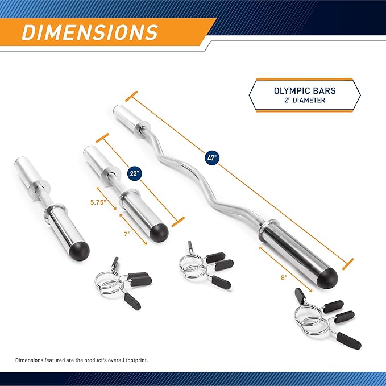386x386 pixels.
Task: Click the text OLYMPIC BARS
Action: [304, 90]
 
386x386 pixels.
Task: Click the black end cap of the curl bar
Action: [326, 275]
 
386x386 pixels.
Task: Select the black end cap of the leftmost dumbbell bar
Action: [78, 250]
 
